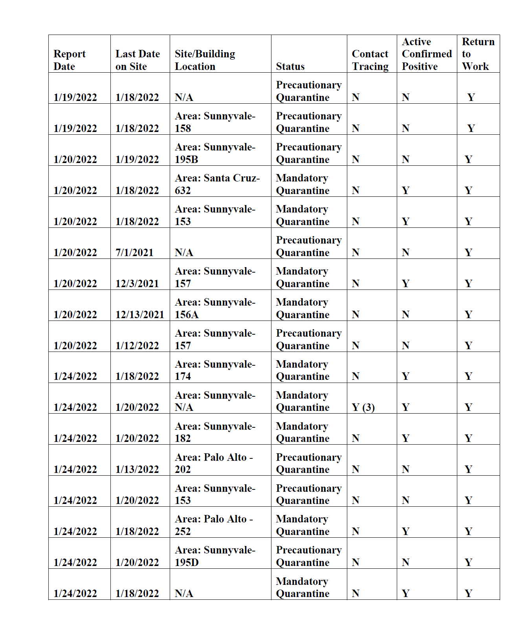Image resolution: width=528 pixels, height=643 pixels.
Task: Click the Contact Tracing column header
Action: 370,60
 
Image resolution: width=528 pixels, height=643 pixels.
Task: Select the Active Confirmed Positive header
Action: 427,54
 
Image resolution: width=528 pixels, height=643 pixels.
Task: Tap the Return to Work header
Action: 478,54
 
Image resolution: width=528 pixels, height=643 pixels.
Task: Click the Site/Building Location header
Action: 205,60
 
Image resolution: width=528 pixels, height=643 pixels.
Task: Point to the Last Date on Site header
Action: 137,60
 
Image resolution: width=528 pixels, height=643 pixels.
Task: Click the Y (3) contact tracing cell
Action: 363,407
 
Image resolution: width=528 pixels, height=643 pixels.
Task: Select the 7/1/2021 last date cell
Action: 134,253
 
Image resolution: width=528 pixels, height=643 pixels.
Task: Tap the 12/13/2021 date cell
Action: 139,315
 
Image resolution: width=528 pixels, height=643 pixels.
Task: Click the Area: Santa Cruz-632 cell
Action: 217,184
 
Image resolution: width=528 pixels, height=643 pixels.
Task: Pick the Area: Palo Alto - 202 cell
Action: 214,463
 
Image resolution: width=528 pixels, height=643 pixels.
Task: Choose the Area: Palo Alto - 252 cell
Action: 214,525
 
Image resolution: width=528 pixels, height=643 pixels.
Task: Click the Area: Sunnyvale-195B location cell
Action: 215,153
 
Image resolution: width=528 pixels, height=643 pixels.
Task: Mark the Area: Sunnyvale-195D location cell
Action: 215,556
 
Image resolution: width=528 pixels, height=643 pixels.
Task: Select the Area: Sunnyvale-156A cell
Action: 215,308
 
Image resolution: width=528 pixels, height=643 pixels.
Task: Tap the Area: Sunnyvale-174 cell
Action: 215,370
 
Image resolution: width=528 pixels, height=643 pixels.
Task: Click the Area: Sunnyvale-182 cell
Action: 215,432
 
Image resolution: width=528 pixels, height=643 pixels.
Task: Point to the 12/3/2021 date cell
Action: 137,284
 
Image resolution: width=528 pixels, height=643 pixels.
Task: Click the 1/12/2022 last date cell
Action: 137,346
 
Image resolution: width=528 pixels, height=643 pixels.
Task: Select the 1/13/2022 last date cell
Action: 137,469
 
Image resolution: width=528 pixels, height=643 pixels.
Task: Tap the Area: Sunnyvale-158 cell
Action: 215,122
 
